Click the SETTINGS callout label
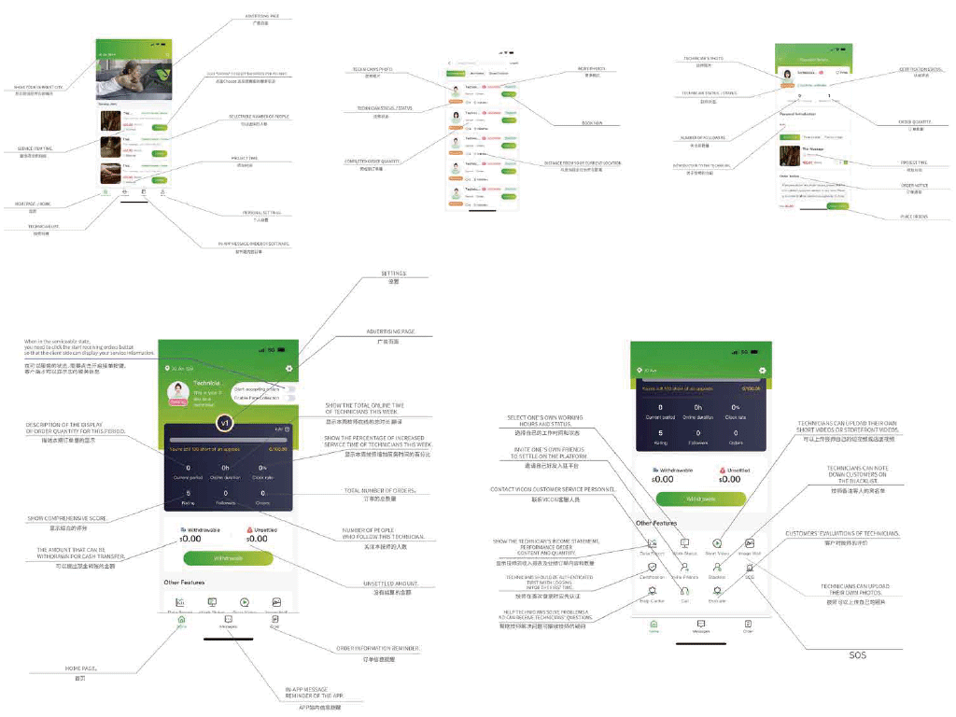pyautogui.click(x=393, y=274)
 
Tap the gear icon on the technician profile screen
pyautogui.click(x=290, y=369)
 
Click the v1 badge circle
pyautogui.click(x=224, y=423)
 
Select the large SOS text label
pyautogui.click(x=857, y=655)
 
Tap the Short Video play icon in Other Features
pyautogui.click(x=717, y=542)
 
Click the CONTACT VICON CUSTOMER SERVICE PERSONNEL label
pyautogui.click(x=553, y=489)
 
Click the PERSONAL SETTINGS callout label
pyautogui.click(x=268, y=213)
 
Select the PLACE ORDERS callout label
pyautogui.click(x=913, y=217)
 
